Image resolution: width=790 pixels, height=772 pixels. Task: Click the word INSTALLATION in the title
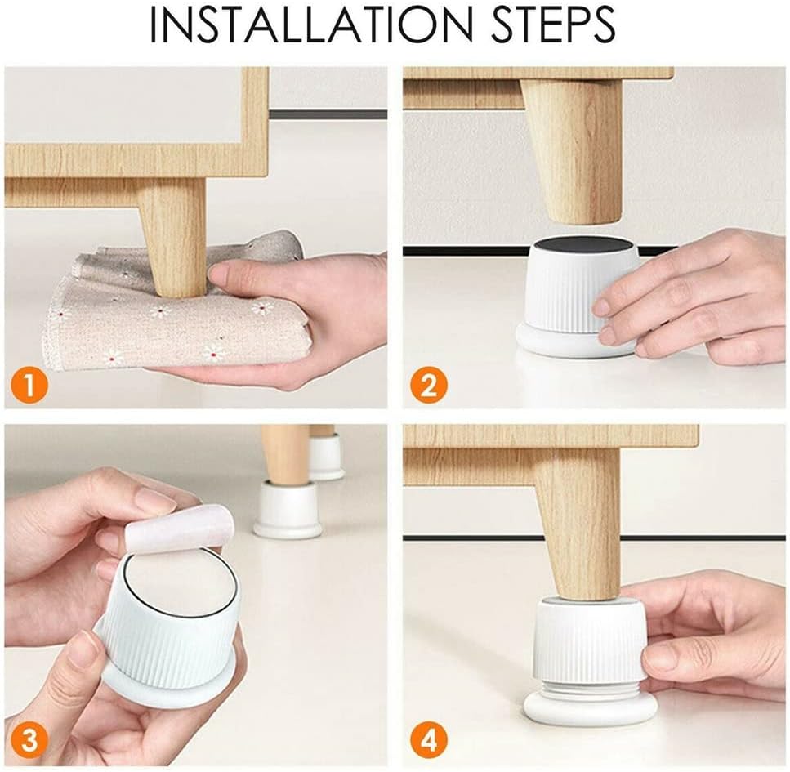tap(311, 25)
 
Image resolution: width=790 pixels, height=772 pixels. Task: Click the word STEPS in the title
tap(553, 25)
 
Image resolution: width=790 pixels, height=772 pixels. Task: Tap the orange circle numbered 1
tap(29, 386)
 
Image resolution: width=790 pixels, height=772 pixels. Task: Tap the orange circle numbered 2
tap(428, 386)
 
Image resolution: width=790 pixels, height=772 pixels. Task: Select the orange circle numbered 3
tap(29, 741)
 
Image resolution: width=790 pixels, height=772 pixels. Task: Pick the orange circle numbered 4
tap(428, 741)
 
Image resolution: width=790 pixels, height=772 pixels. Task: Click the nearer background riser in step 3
tap(288, 509)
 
